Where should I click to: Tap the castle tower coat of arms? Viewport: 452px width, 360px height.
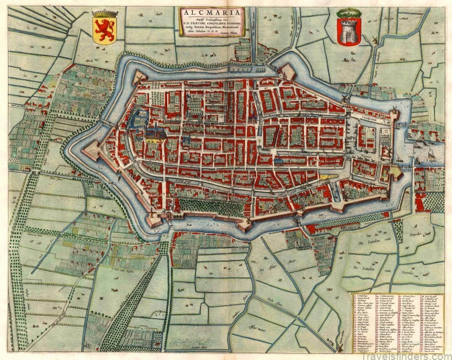[x=347, y=31]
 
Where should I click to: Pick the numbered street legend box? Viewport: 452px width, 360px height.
[x=399, y=322]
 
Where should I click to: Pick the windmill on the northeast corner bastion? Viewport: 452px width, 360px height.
[x=345, y=98]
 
